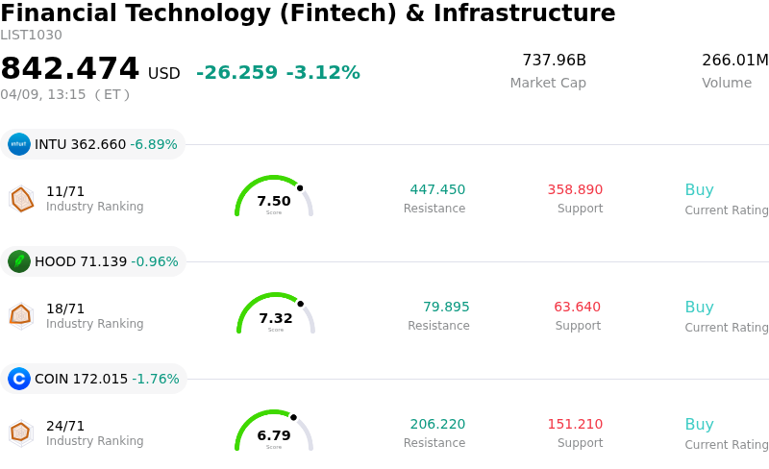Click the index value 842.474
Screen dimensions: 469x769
click(x=70, y=69)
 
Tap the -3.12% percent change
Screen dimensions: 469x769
click(x=323, y=73)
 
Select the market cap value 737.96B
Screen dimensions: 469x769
click(x=554, y=61)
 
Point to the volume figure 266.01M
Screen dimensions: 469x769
click(x=734, y=61)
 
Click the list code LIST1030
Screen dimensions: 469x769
click(x=31, y=36)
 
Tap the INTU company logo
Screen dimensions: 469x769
click(x=19, y=144)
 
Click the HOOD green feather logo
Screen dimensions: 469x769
click(x=19, y=261)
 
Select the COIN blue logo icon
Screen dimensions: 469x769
click(x=19, y=379)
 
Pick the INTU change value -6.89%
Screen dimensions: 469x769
click(x=154, y=145)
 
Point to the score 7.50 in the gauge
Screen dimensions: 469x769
click(x=274, y=201)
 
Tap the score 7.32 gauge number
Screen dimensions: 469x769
click(x=276, y=318)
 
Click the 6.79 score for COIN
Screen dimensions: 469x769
click(x=274, y=435)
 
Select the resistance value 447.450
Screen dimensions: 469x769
click(x=437, y=190)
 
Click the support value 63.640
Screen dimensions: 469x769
click(x=577, y=308)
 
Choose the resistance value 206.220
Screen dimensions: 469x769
click(x=437, y=425)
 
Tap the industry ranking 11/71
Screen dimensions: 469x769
click(x=65, y=191)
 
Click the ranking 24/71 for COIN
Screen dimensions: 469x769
click(x=65, y=426)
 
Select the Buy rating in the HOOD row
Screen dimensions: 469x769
click(x=699, y=308)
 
